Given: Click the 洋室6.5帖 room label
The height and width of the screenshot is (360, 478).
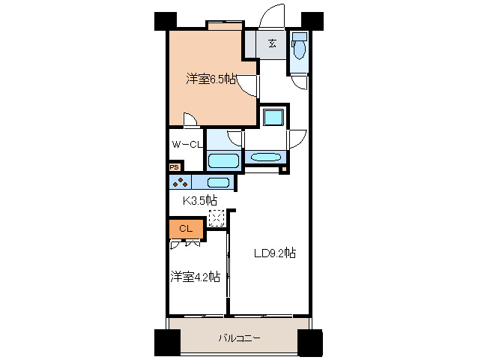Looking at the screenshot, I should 212,79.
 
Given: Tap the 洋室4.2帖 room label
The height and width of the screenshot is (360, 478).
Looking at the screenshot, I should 195,277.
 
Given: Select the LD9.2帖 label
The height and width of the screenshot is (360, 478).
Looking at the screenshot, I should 273,253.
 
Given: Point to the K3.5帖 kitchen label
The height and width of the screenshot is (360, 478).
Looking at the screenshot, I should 201,200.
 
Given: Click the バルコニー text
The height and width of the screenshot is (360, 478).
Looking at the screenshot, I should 239,338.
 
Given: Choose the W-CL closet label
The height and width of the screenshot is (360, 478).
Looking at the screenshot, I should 186,144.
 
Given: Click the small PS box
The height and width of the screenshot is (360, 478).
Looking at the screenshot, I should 174,168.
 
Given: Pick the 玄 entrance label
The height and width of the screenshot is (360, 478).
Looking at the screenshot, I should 272,43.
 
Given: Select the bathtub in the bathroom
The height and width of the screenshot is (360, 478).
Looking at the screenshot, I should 224,160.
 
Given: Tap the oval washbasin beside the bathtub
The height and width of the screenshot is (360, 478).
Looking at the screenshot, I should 265,157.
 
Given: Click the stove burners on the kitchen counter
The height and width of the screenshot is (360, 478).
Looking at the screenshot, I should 179,182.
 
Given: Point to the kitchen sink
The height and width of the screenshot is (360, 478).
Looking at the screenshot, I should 218,182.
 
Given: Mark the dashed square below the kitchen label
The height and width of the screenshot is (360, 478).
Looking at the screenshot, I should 217,218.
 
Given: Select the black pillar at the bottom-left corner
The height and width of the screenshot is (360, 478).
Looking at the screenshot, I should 166,343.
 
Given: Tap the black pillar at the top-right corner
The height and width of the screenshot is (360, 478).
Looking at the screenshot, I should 312,21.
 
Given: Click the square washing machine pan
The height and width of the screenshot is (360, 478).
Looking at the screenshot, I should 272,117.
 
